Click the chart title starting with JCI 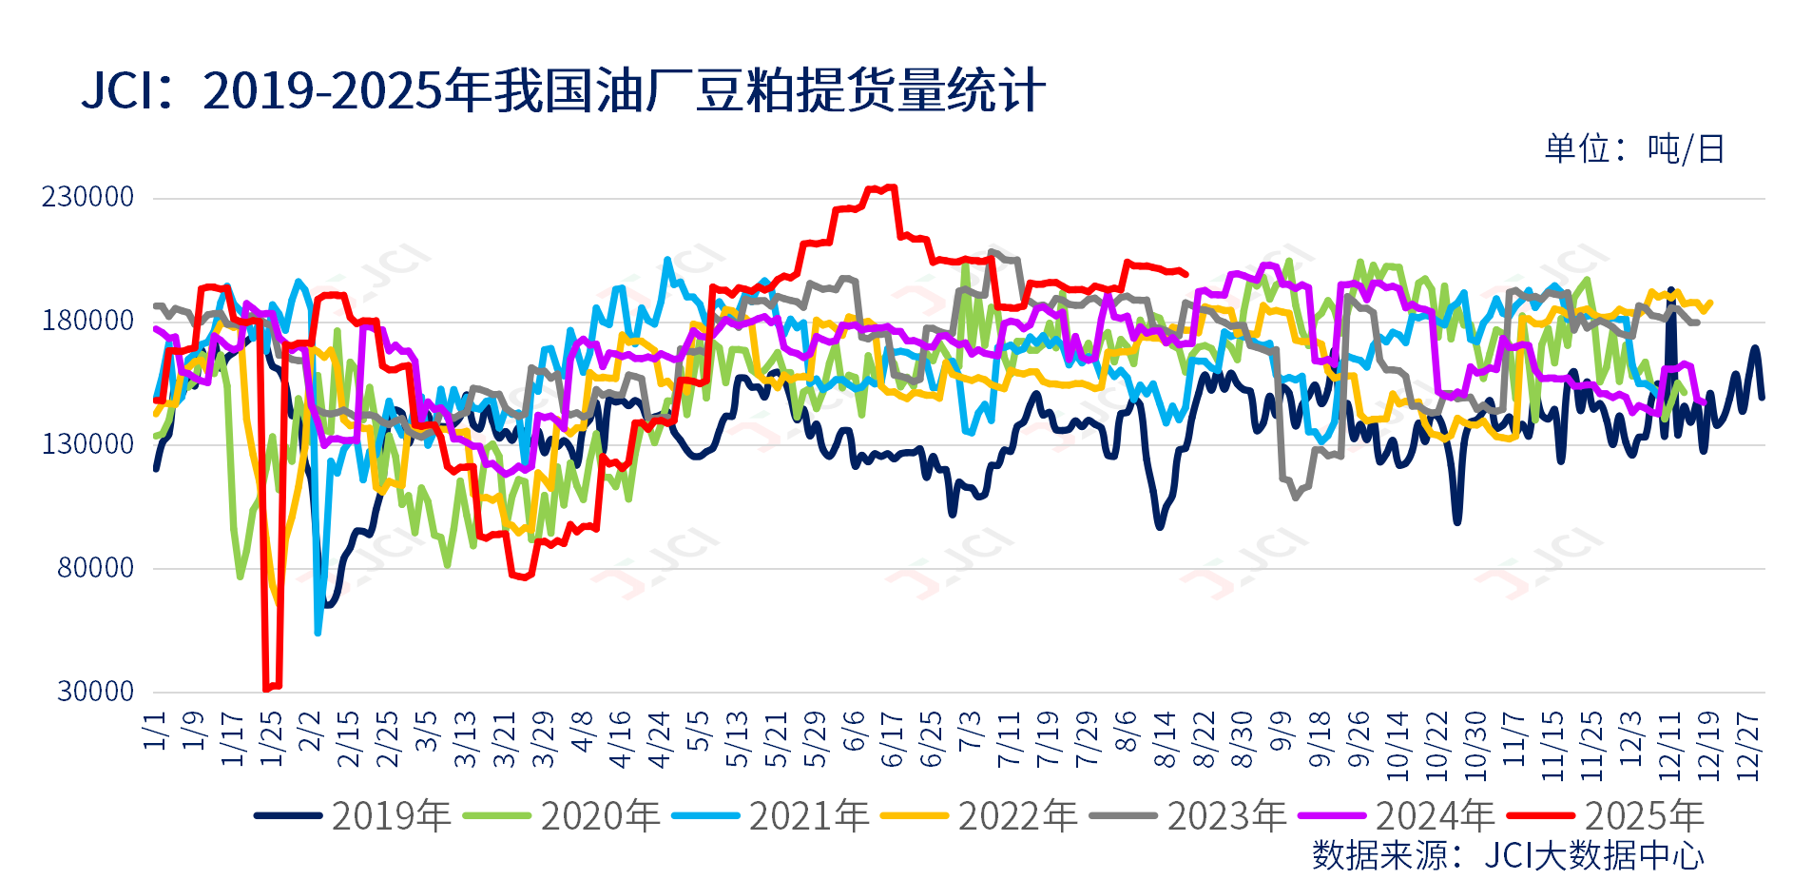[563, 92]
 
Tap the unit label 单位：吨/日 [1633, 149]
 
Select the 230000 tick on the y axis [87, 197]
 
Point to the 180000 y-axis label [87, 321]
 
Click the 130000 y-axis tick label [87, 444]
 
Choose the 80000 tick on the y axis [95, 568]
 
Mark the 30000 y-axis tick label [95, 692]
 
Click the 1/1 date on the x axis [155, 731]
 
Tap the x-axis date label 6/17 [892, 739]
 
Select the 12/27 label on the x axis [1748, 747]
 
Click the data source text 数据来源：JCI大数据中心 [1508, 855]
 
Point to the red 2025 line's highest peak [891, 187]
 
